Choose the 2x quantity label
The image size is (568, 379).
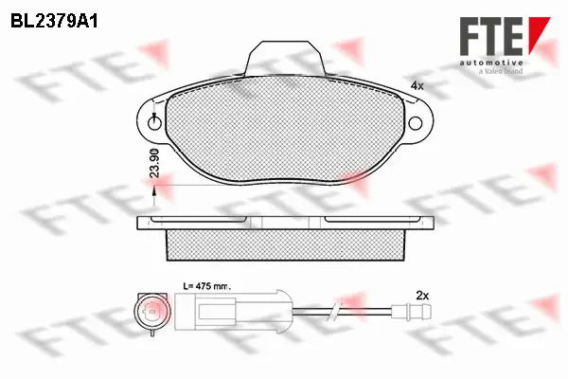(x=422, y=296)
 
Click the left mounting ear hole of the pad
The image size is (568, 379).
(x=155, y=120)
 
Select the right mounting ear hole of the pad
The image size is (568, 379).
(x=417, y=120)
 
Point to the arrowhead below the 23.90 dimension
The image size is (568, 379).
(x=154, y=193)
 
